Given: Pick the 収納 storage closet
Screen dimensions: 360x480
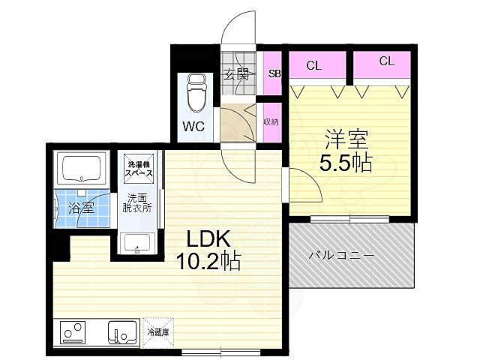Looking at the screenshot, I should click(x=271, y=122).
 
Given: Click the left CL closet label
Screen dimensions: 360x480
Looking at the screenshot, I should click(x=313, y=65).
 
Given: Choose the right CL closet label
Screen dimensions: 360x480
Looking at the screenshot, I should click(x=386, y=62).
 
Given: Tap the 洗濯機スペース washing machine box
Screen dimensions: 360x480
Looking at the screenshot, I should click(x=139, y=169).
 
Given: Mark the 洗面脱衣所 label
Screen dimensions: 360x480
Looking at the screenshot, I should click(x=138, y=202).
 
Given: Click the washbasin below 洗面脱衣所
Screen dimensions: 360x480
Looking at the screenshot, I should click(x=137, y=244).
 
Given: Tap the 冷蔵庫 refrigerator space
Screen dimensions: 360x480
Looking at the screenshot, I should click(x=157, y=331).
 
